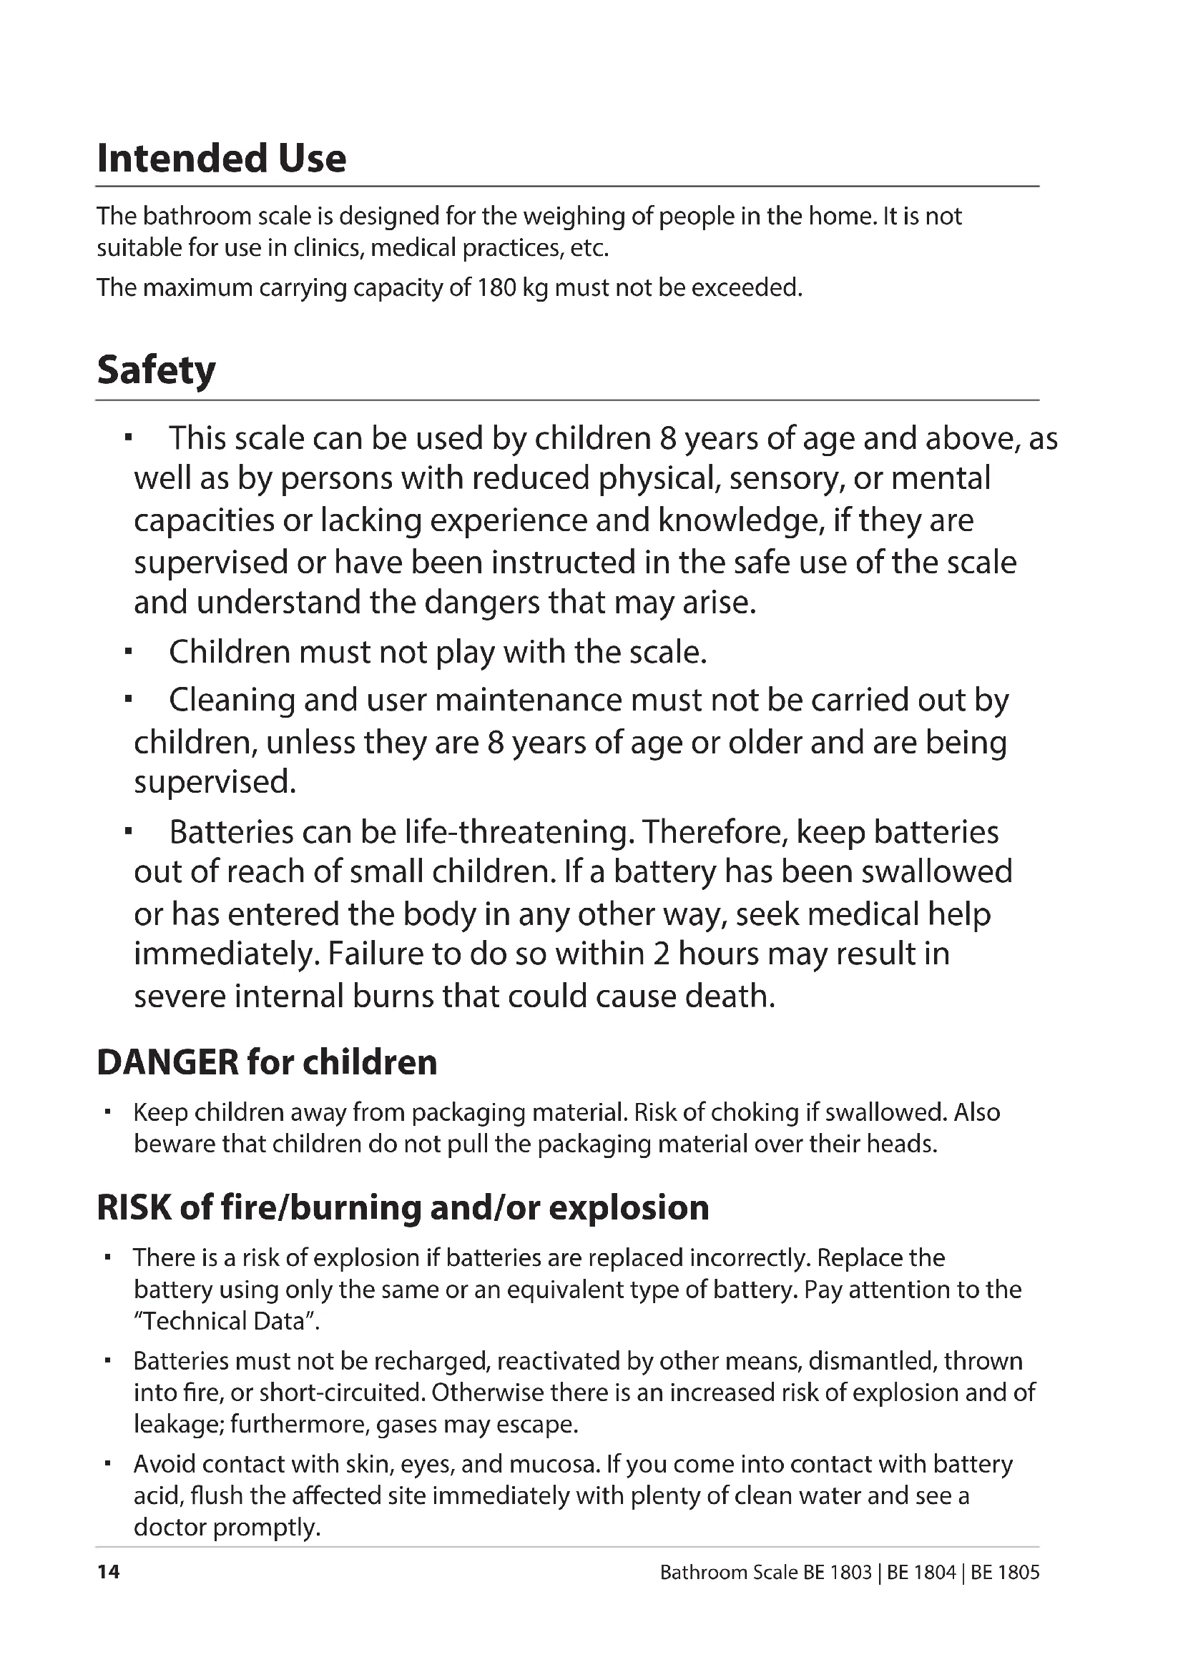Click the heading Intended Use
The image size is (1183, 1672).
coord(222,159)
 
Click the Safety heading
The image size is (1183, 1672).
coord(156,370)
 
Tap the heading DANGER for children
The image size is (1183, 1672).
coord(267,1062)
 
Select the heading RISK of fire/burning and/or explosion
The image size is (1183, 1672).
coord(403,1207)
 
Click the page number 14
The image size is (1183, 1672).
coord(108,1572)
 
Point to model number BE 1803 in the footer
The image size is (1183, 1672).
coord(838,1573)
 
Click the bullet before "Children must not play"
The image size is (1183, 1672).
coord(128,653)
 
